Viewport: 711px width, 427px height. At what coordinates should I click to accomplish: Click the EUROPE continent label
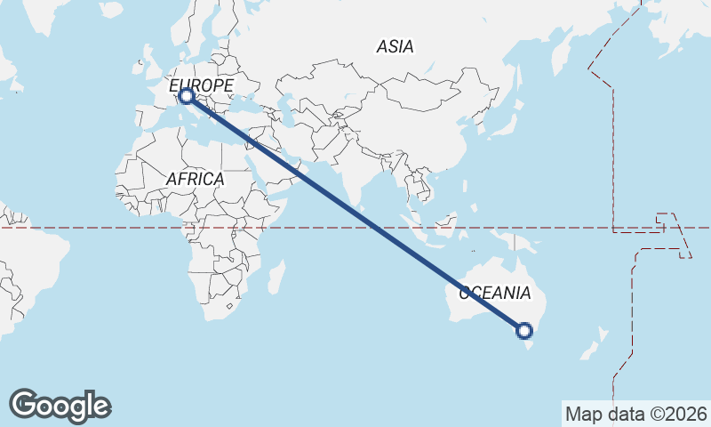(202, 85)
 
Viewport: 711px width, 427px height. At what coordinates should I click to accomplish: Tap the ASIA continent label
(395, 46)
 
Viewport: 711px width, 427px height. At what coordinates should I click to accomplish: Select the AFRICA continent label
(195, 179)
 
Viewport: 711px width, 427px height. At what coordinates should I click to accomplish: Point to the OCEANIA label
(495, 293)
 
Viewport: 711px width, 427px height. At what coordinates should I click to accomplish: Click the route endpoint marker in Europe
(187, 95)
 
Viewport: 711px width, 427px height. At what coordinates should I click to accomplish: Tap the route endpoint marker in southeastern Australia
(524, 331)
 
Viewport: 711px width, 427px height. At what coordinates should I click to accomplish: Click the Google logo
(60, 406)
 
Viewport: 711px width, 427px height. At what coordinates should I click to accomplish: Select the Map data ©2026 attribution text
(635, 414)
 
